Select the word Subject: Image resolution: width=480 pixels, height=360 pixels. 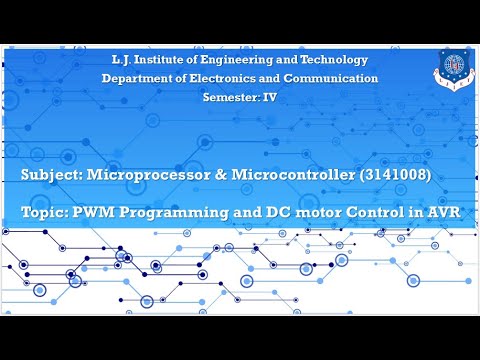pyautogui.click(x=51, y=175)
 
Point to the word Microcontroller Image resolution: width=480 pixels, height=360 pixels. pyautogui.click(x=295, y=175)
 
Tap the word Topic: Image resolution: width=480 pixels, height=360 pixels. pyautogui.click(x=44, y=213)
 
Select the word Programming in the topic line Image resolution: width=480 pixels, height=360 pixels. pyautogui.click(x=177, y=213)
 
